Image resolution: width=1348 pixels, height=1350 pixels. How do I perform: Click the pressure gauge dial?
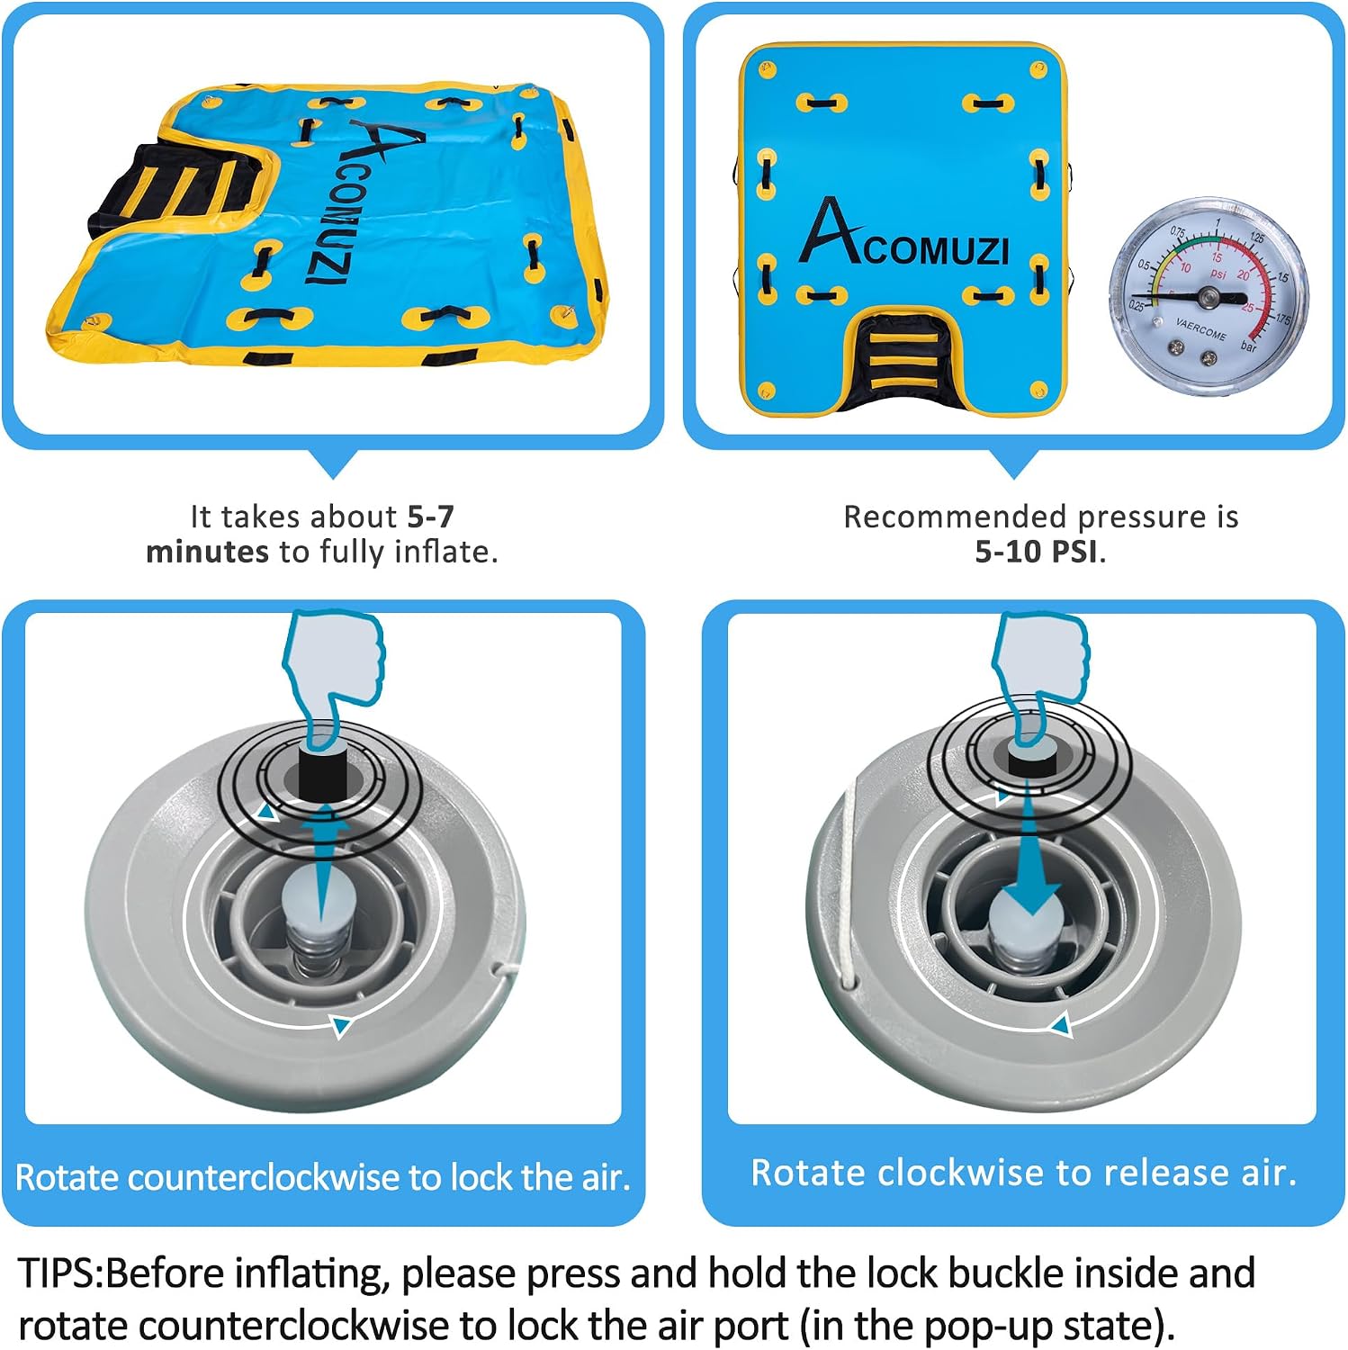[1209, 296]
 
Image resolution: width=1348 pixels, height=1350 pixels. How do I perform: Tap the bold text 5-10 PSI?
[1038, 552]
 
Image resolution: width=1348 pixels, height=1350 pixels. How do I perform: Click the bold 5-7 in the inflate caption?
[431, 517]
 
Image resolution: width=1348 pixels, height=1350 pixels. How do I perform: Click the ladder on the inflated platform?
[902, 357]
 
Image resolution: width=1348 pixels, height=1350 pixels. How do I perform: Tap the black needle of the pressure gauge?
[1189, 295]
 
